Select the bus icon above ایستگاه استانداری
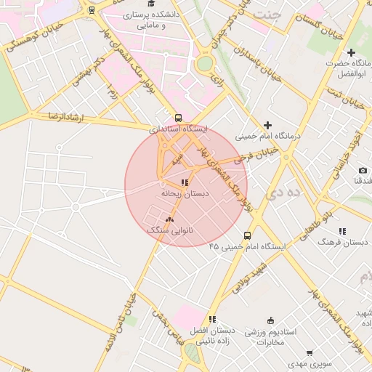pos(178,118)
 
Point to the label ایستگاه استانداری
pos(179,129)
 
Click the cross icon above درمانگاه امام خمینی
pos(267,126)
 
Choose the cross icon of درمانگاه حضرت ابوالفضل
pos(352,53)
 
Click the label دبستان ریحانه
pos(185,194)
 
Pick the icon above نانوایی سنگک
pos(170,218)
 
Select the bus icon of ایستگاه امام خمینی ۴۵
pos(247,235)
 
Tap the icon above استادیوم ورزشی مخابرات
pos(271,321)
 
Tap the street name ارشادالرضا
pos(62,117)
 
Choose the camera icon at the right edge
pos(363,170)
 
